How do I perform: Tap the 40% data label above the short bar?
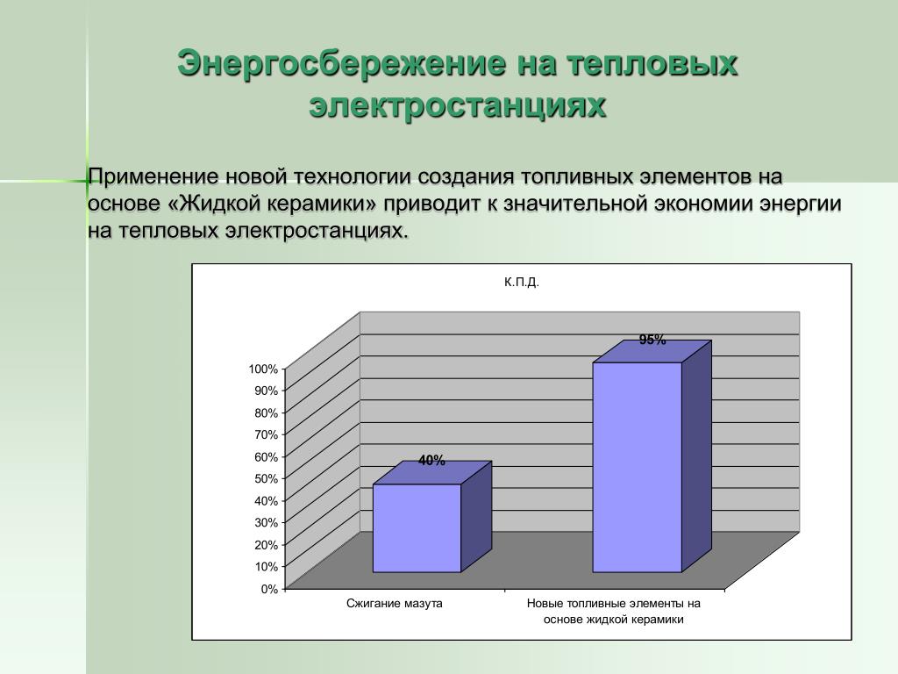point(431,460)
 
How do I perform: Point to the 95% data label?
point(652,340)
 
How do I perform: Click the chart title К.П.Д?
point(522,282)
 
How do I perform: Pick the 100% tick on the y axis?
point(263,369)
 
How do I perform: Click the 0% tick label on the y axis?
point(269,589)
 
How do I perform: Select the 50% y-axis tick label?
point(266,478)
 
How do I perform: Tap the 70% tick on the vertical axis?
point(266,434)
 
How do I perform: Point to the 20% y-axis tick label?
point(266,544)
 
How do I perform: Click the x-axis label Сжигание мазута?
point(394,604)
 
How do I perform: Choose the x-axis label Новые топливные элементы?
point(613,611)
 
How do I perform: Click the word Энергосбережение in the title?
point(341,62)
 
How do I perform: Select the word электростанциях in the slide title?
point(457,105)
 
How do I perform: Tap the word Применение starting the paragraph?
point(153,176)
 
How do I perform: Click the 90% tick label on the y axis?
point(266,391)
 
